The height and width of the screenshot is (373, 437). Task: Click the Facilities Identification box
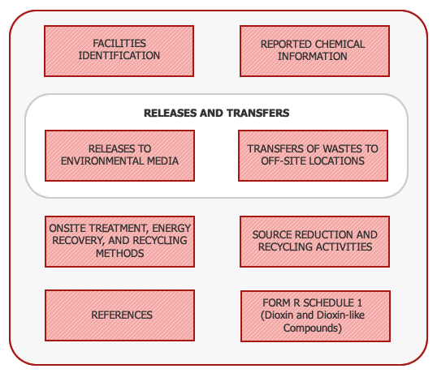pyautogui.click(x=119, y=50)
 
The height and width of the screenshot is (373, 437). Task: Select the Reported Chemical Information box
pyautogui.click(x=313, y=50)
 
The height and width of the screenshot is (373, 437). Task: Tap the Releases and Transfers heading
pyautogui.click(x=216, y=113)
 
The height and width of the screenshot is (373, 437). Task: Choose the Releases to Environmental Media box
pyautogui.click(x=119, y=155)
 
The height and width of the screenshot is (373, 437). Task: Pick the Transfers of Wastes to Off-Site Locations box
pyautogui.click(x=313, y=155)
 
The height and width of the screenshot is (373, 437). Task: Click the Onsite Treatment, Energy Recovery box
pyautogui.click(x=119, y=242)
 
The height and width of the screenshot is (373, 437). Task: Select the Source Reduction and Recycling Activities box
pyautogui.click(x=313, y=241)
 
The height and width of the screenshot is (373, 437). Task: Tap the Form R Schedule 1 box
pyautogui.click(x=313, y=315)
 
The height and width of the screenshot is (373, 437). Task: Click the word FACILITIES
pyautogui.click(x=119, y=44)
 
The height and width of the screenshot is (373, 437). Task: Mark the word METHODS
pyautogui.click(x=119, y=253)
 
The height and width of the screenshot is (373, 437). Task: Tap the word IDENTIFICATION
pyautogui.click(x=119, y=56)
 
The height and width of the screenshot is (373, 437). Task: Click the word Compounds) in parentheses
pyautogui.click(x=313, y=328)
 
